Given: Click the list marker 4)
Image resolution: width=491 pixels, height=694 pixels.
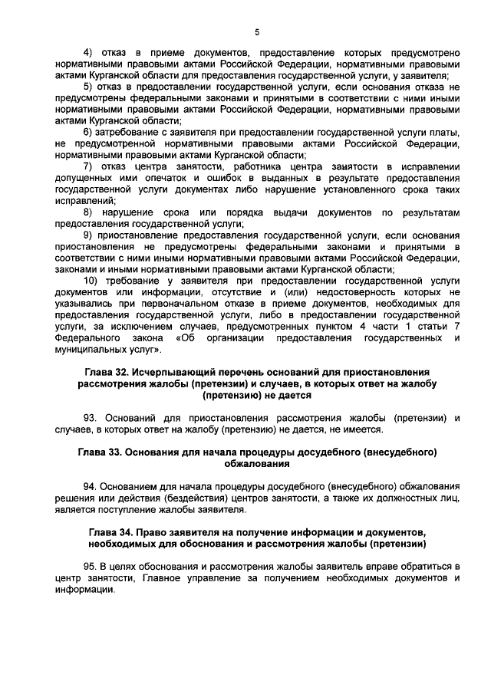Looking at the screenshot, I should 87,53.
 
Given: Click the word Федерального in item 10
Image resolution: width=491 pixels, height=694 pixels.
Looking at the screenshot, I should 85,337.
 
